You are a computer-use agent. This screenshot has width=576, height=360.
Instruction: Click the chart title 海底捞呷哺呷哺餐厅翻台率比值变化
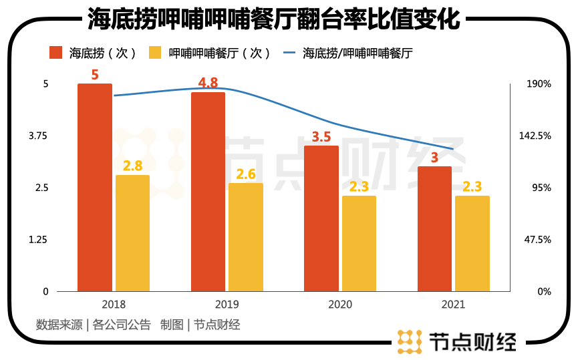tap(274, 19)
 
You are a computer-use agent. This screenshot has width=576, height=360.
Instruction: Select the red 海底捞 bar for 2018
tap(95, 187)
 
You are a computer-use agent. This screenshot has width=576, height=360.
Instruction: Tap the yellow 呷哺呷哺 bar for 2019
tap(245, 237)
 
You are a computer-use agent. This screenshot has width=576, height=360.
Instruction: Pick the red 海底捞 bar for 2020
tap(321, 218)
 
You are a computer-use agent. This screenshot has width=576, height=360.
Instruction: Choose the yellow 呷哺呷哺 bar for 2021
tap(472, 243)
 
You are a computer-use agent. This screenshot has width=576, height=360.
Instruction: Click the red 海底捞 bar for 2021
tap(434, 228)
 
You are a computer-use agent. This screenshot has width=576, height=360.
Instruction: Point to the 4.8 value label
tap(208, 83)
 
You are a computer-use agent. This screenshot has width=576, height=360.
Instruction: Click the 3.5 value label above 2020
tap(321, 137)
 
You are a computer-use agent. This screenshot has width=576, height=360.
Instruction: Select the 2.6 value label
tap(245, 174)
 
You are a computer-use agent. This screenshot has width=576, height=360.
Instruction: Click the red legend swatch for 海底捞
tap(56, 53)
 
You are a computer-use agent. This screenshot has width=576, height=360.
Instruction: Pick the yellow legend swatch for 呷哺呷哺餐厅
tap(155, 53)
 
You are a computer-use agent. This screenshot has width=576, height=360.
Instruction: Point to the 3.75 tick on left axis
tap(37, 136)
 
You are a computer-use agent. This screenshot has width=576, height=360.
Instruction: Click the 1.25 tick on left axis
tap(37, 239)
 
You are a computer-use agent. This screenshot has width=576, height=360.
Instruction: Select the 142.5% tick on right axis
tap(535, 136)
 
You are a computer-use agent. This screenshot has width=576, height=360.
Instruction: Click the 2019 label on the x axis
tap(227, 305)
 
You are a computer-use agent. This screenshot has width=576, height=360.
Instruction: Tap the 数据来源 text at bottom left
tap(59, 325)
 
